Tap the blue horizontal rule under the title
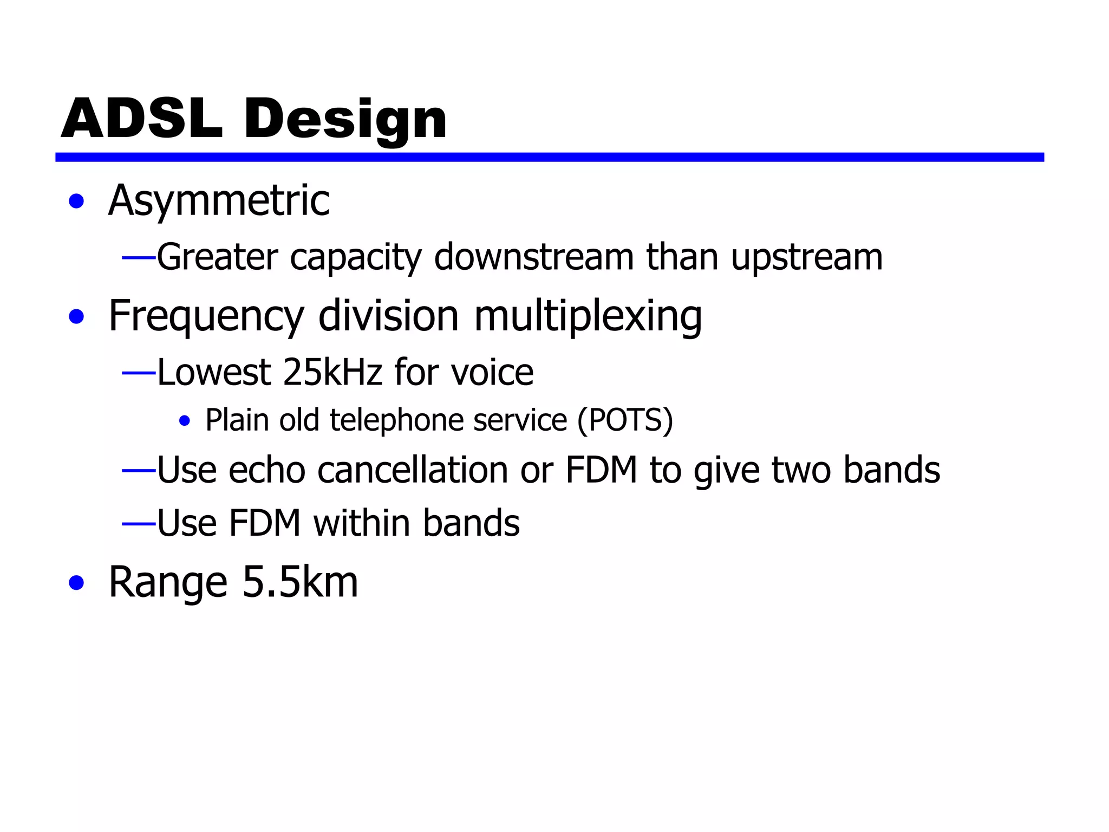click(549, 157)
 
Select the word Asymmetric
click(219, 201)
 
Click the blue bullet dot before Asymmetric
click(77, 201)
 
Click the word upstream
click(807, 258)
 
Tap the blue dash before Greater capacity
click(139, 258)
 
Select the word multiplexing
click(588, 316)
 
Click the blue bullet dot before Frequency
click(77, 316)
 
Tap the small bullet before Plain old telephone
click(185, 421)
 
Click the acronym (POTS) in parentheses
click(625, 420)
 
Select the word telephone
click(396, 420)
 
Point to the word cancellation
click(412, 470)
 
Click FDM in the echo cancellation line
click(601, 470)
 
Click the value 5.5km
click(300, 582)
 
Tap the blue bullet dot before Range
click(77, 583)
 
